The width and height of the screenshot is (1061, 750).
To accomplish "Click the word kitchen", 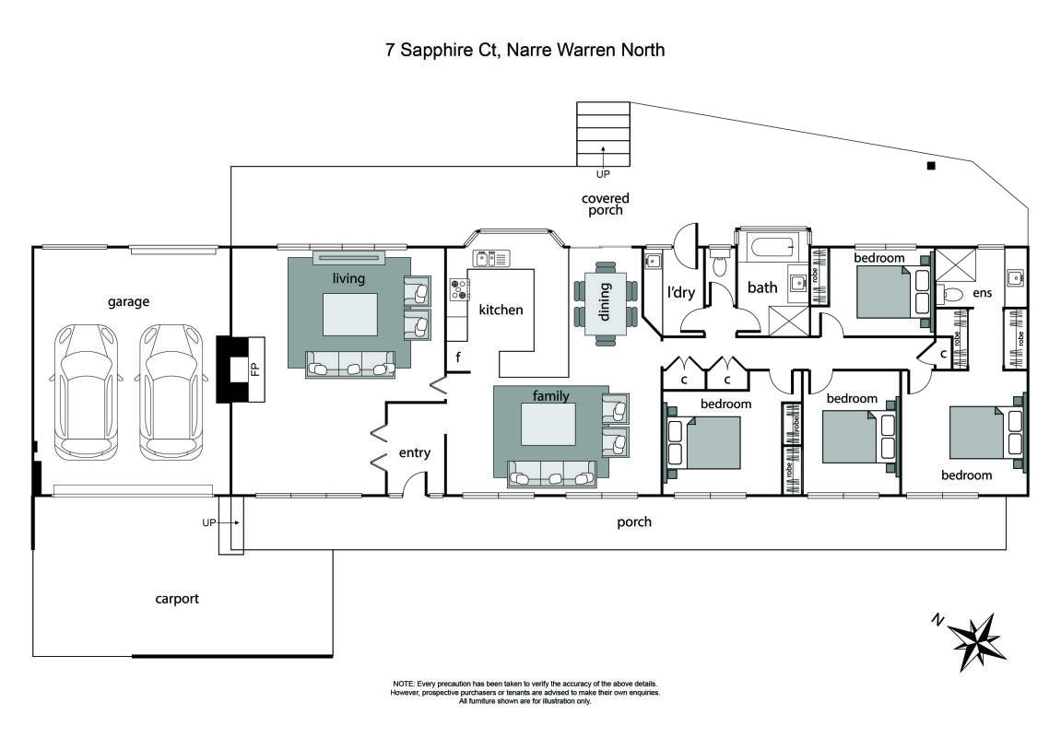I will click(x=501, y=310).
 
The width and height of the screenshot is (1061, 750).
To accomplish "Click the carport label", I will click(x=177, y=599).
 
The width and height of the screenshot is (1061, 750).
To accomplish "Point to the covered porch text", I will click(x=606, y=204).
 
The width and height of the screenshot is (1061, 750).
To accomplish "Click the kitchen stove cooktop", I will click(x=458, y=291).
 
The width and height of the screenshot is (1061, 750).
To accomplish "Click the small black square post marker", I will click(x=931, y=166).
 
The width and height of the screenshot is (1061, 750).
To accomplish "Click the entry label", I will click(x=414, y=453).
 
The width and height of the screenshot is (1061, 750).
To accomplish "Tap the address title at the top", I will click(x=525, y=50).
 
